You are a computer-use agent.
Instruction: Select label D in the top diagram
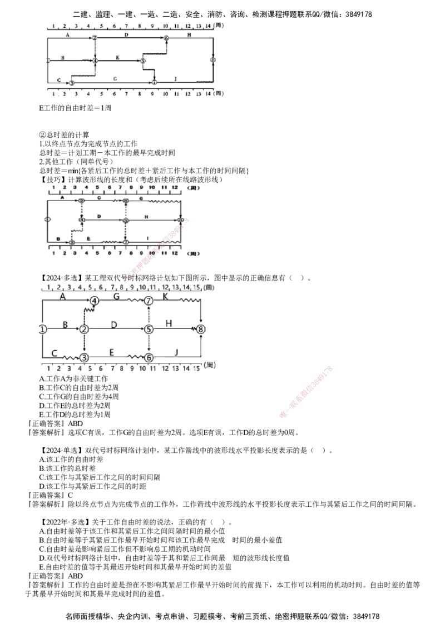pos(126,34)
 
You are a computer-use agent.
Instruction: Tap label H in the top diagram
pos(189,34)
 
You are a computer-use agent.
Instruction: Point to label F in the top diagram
pos(117,56)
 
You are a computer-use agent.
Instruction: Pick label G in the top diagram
pos(115,78)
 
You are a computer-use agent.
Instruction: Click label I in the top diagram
pos(176,78)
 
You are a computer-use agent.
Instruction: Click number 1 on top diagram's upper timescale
pos(53,25)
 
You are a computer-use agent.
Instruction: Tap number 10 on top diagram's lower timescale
pos(165,94)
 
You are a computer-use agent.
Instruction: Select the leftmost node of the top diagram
pos(48,59)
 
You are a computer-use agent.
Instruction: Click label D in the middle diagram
pos(100,216)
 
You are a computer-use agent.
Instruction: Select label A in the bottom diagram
pos(62,296)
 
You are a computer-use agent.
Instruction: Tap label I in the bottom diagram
pos(176,351)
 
